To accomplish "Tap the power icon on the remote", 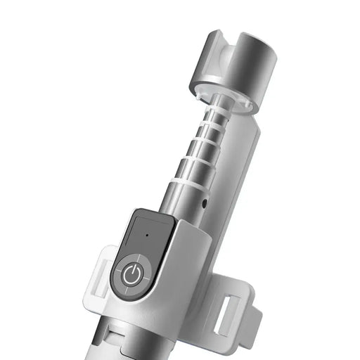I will pos(131,276).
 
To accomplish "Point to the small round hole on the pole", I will pos(204,205).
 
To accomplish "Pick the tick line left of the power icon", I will pos(116,274).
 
